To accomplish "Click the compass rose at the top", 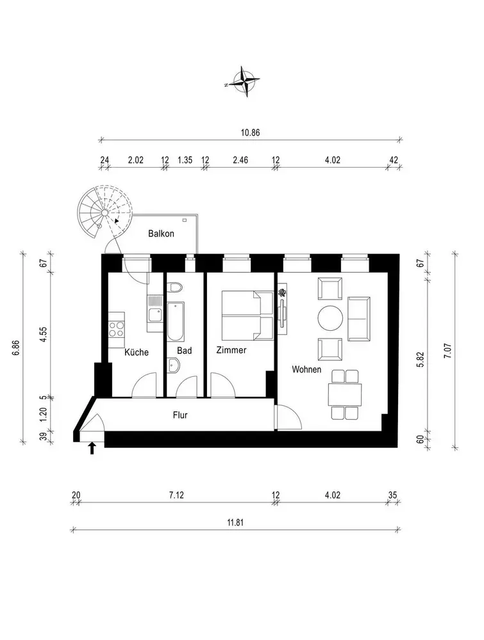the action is pos(245,82).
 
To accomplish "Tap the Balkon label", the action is pos(161,234).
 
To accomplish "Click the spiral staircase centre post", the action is pos(104,212).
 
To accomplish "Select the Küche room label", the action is pos(137,352).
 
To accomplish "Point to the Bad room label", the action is pos(185,351).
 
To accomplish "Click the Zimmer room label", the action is pos(231,350).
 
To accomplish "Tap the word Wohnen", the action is pos(306,369).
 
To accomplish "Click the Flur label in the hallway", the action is pos(180,415).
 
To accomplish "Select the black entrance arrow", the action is pos(92,448).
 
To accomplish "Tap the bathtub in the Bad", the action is pos(176,322).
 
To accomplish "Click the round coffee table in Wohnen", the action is pos(330,319).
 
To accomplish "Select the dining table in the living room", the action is pos(345,394).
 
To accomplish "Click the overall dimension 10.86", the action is pos(250,132).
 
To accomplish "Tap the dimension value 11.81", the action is pos(236,522).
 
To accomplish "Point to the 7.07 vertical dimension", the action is pos(448,351).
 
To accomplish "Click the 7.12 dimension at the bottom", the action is pos(176,495).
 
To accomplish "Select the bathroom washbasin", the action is pos(174,365).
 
